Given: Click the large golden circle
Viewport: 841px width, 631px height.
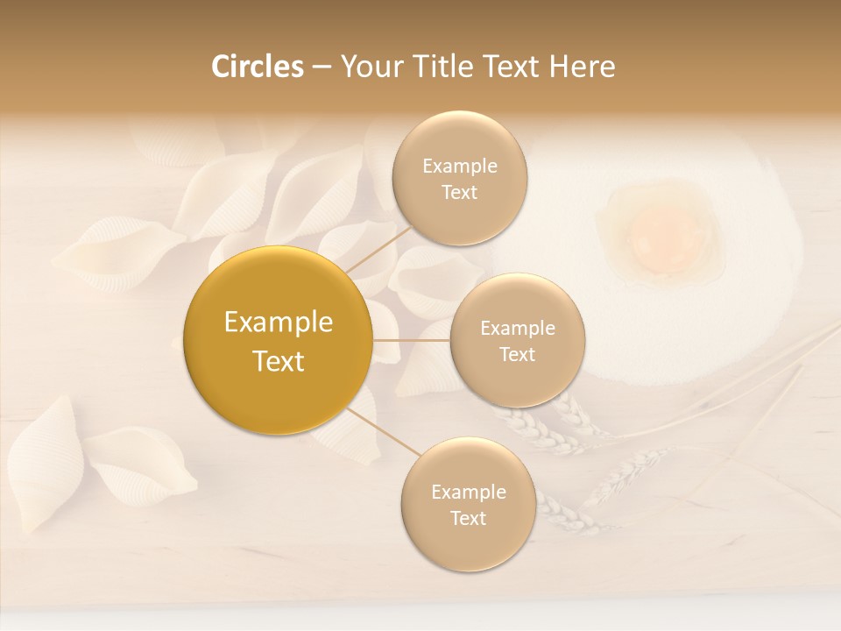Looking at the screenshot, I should point(278,340).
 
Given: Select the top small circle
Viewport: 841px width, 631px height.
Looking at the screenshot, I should point(459,178).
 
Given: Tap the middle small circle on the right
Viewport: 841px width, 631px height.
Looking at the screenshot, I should point(517,340).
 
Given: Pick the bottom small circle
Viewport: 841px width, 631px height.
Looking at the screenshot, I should point(468,504).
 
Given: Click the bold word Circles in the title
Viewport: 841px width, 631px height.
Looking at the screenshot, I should point(258,67).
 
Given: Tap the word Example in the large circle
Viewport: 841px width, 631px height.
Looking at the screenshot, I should point(278,323).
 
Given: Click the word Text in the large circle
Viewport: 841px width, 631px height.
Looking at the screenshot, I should point(278,361).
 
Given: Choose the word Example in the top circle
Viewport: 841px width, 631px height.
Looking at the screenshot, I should point(459,166).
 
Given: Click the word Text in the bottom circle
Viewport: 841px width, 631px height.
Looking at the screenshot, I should point(468,518).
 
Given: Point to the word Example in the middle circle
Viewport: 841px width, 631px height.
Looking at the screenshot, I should point(517,329).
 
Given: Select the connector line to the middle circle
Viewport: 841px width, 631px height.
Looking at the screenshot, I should point(411,340).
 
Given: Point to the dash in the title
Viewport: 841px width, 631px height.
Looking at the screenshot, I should point(322,67).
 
